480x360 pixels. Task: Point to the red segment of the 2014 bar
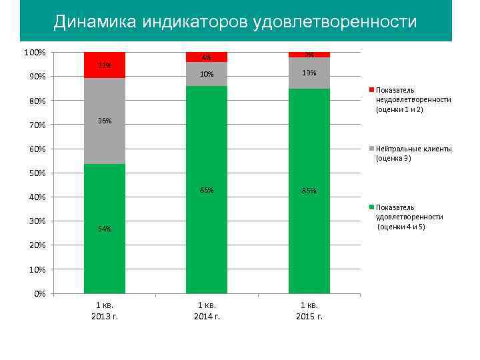pos(207,57)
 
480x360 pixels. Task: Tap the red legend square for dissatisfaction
pos(371,89)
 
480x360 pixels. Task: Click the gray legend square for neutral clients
pos(371,149)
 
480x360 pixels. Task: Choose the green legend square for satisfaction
pos(371,207)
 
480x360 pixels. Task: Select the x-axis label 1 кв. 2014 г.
pos(207,310)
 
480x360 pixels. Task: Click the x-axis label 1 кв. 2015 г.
pos(309,310)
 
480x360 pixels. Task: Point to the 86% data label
pos(207,191)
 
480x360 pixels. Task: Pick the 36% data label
pos(105,121)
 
